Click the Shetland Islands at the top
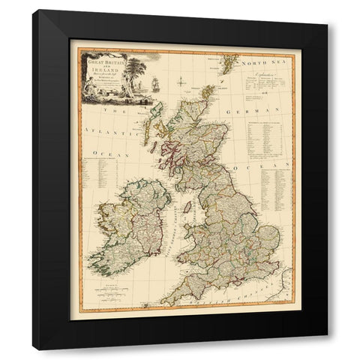pos(228,59)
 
